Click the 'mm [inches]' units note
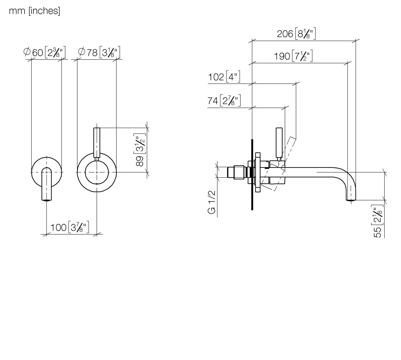click(34, 11)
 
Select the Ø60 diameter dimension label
click(44, 52)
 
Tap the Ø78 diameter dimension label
click(99, 52)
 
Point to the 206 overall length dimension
click(296, 34)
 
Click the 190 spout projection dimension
click(293, 56)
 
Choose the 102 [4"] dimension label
click(224, 77)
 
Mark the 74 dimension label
click(224, 100)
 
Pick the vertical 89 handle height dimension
click(140, 150)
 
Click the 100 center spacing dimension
click(70, 227)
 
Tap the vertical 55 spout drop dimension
click(377, 221)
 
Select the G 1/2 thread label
click(211, 202)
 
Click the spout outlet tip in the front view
click(47, 200)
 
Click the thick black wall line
click(252, 175)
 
